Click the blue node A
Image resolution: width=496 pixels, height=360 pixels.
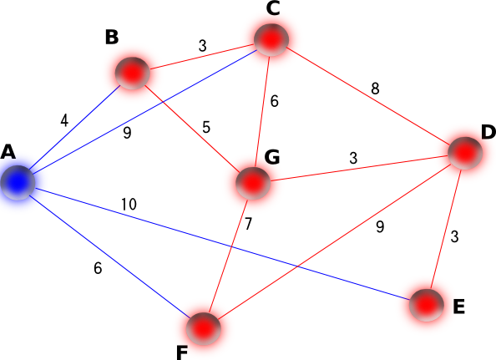tap(18, 183)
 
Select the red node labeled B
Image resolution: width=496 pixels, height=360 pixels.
tap(133, 73)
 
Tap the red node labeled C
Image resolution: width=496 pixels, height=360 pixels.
tap(271, 39)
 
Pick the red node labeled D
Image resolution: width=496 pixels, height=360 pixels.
tap(465, 153)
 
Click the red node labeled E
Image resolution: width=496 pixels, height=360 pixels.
tap(427, 305)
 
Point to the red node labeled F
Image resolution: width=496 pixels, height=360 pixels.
tap(203, 329)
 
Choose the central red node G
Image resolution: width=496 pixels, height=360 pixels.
tap(253, 183)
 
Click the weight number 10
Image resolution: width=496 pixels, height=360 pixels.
tap(129, 205)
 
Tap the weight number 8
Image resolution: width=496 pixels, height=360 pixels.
tap(375, 89)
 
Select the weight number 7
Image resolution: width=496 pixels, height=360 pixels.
tap(248, 224)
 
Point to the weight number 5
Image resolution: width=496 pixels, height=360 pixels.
tap(206, 127)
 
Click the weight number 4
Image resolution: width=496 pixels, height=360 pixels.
tap(64, 120)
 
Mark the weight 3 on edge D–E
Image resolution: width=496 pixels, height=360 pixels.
tap(454, 236)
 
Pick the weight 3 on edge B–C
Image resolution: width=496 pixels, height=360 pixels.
tap(202, 46)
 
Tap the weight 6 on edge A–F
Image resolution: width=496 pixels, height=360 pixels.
tap(98, 268)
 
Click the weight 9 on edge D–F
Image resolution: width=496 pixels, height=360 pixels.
tap(380, 226)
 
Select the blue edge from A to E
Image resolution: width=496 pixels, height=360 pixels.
tap(222, 244)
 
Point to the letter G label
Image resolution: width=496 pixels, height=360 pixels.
tap(272, 157)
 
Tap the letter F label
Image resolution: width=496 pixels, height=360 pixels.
tap(182, 353)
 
